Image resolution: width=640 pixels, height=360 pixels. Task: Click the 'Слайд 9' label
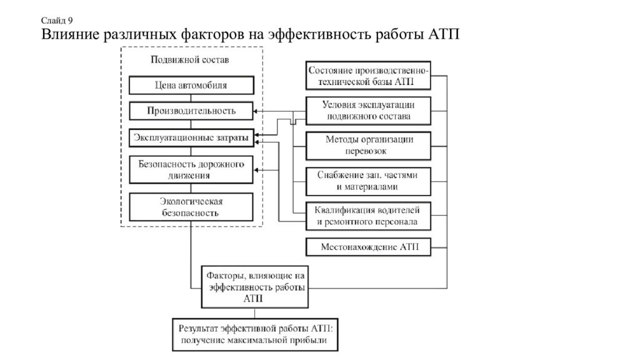(57, 21)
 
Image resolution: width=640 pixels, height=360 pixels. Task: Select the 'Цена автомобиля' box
(191, 85)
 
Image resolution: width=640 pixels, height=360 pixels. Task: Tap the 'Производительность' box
(191, 111)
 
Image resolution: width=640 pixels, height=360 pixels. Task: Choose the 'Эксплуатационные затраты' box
(191, 138)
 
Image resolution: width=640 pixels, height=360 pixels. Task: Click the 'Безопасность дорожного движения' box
(191, 169)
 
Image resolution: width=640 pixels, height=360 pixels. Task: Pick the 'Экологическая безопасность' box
(191, 207)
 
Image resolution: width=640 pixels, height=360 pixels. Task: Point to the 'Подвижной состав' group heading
(190, 59)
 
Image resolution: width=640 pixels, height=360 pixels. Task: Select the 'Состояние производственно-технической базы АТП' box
(368, 76)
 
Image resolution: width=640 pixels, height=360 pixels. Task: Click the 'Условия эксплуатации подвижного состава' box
(368, 111)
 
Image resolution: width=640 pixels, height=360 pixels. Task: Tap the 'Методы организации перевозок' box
(368, 145)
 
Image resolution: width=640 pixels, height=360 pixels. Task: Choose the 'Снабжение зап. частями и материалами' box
(368, 181)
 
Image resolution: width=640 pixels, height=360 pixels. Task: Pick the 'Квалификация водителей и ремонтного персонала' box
(368, 216)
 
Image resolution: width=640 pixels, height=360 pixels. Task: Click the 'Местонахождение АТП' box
(368, 247)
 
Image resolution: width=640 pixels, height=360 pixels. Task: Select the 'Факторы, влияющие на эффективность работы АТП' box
(255, 287)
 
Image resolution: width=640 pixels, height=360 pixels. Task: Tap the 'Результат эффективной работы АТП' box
(255, 335)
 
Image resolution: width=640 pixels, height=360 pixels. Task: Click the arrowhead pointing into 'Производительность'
(256, 111)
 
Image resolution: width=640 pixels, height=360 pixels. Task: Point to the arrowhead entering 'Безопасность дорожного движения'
(256, 170)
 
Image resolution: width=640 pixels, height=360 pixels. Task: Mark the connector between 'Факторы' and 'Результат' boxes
(255, 314)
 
